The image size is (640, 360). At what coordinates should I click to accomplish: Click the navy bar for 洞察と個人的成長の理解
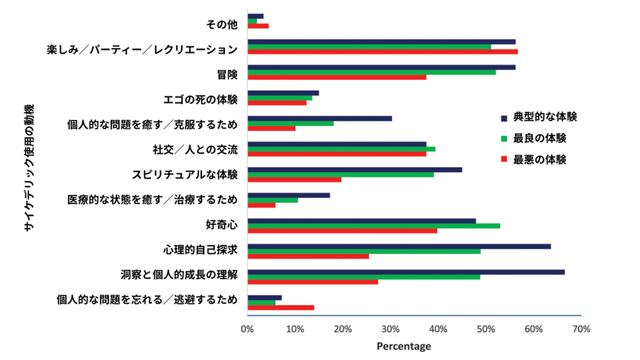click(406, 272)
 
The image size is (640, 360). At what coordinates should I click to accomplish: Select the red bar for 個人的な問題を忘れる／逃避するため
click(281, 307)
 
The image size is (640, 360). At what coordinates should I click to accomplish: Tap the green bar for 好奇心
click(374, 226)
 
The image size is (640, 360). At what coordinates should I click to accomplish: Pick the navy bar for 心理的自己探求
click(399, 246)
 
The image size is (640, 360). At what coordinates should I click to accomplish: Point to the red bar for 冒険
click(337, 77)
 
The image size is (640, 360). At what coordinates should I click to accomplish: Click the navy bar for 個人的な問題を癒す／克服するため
click(320, 118)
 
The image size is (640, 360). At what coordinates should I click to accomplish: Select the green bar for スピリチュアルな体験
click(341, 174)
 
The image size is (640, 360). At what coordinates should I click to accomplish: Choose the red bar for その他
click(258, 26)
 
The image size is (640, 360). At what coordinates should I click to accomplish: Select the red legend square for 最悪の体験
click(504, 160)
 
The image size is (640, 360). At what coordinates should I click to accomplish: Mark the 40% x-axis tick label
click(438, 329)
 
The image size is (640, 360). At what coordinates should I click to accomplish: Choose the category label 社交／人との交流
click(195, 149)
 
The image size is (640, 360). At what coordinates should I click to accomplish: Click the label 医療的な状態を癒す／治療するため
click(152, 200)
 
